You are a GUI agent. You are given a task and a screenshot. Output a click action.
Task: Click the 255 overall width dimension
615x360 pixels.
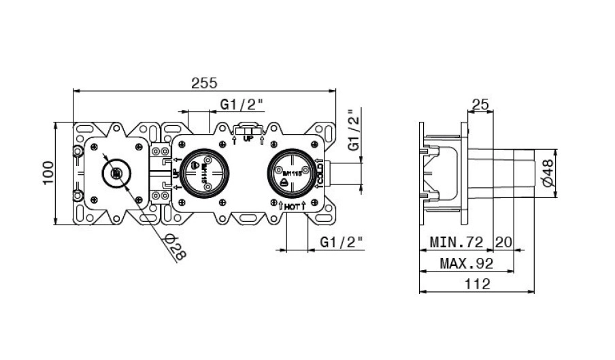(x=203, y=83)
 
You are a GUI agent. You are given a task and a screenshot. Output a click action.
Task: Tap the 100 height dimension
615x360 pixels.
(x=47, y=173)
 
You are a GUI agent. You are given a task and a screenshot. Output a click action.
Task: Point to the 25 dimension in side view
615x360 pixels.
(x=481, y=104)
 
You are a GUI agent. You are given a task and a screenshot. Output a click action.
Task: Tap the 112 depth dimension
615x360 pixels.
(x=478, y=285)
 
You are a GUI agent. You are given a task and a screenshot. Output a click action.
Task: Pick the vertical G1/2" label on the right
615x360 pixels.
(x=353, y=130)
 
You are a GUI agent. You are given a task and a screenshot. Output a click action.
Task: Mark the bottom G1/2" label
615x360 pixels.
(x=341, y=242)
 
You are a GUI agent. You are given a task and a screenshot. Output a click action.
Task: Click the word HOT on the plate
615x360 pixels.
(x=292, y=206)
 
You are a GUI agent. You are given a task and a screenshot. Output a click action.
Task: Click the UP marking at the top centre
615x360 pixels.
(x=248, y=138)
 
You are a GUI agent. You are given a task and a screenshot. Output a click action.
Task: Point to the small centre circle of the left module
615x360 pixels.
(x=116, y=173)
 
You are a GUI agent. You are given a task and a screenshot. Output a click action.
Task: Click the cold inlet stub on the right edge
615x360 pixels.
(x=325, y=172)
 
